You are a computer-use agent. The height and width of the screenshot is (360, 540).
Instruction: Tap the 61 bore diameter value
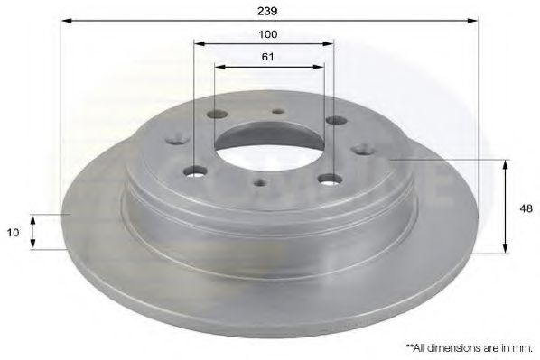pyautogui.click(x=267, y=56)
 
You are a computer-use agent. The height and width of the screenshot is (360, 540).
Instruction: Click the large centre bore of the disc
pyautogui.click(x=269, y=147)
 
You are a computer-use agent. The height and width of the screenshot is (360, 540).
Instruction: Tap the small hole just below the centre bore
pyautogui.click(x=260, y=182)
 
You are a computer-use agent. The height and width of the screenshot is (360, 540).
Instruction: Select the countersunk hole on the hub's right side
pyautogui.click(x=363, y=149)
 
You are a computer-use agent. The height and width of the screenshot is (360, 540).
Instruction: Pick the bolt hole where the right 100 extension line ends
pyautogui.click(x=333, y=178)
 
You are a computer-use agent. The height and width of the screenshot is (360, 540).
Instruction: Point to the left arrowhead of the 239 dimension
pyautogui.click(x=66, y=19)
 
